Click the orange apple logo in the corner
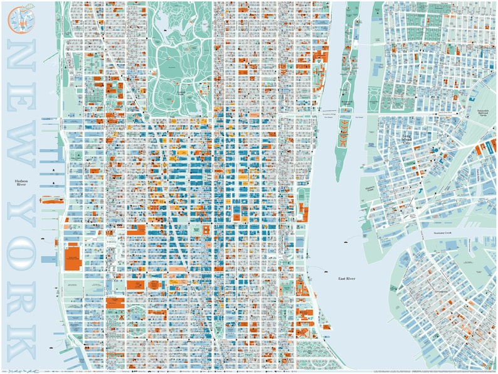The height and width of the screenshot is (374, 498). tap(19, 17)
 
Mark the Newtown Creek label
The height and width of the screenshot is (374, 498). tap(447, 232)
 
